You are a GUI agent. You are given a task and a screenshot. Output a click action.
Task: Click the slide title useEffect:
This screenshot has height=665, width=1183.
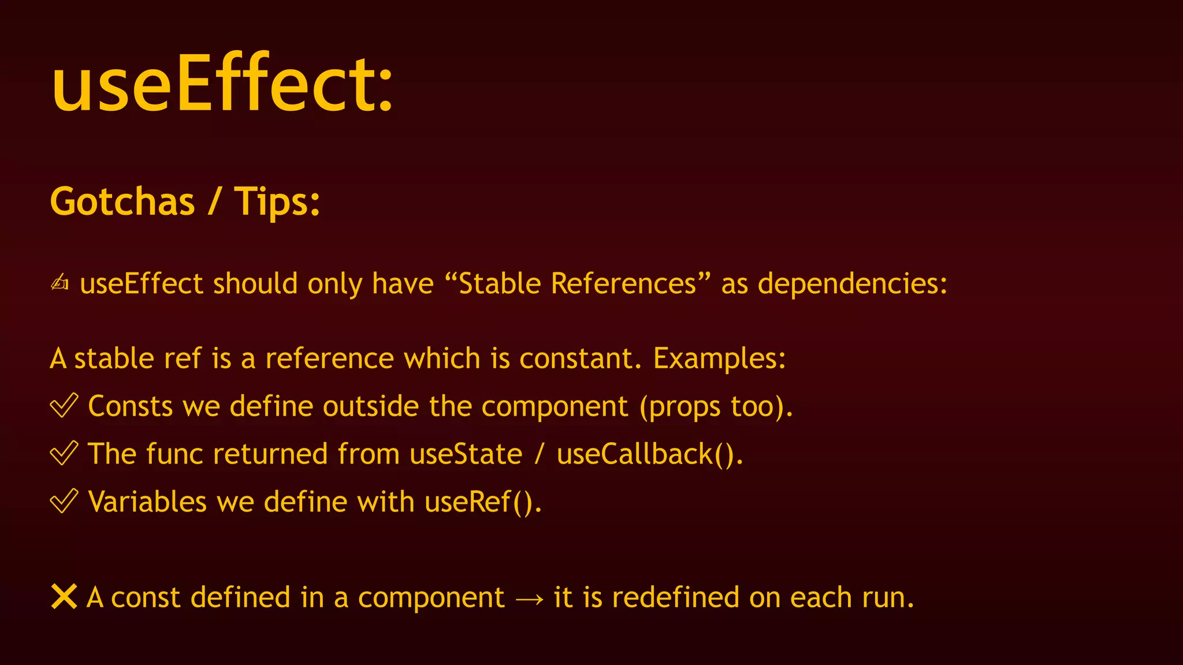pos(222,84)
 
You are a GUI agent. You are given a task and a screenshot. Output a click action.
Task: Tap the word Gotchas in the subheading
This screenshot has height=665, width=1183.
pos(122,201)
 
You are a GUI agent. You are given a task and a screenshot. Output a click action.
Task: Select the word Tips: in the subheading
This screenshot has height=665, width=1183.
pos(277,201)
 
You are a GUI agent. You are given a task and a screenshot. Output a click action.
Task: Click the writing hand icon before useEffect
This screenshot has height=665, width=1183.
pos(59,283)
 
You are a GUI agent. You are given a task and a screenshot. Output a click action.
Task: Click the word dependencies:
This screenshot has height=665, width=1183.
pos(852,283)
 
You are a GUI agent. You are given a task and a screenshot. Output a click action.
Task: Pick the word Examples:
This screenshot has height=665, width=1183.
pos(719,358)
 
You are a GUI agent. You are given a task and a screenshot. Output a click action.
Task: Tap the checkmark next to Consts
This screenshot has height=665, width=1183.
pos(64,405)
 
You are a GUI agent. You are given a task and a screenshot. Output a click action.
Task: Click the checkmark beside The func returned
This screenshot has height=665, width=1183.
pos(64,453)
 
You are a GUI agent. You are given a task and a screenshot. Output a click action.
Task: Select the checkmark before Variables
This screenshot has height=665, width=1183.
pos(64,501)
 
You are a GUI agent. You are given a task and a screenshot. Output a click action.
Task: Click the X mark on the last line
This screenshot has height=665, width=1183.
pos(64,596)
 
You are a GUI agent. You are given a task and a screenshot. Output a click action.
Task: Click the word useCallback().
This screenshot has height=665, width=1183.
pos(649,454)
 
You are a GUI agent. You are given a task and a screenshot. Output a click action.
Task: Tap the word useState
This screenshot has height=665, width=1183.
pos(466,454)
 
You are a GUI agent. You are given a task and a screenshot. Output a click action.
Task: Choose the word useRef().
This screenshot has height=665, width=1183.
pos(483,502)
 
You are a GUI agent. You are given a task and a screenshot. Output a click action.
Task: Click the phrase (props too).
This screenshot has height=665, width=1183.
pos(716,406)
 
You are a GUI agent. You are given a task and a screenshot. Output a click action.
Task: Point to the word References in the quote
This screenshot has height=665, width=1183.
pos(624,283)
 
